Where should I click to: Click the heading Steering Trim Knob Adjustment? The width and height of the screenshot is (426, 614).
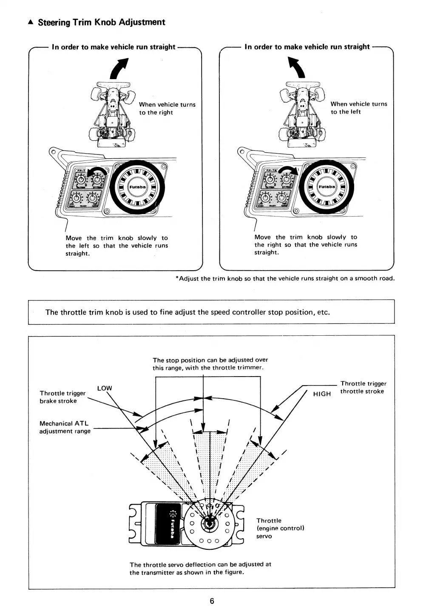(101, 22)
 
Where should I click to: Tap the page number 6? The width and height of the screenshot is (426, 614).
(212, 601)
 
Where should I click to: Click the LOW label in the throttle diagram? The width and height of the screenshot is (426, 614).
(105, 388)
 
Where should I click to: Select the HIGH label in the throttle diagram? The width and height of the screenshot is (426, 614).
(322, 394)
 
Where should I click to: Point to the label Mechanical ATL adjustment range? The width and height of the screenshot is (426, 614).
(65, 427)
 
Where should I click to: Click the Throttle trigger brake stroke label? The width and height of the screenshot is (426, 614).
(62, 397)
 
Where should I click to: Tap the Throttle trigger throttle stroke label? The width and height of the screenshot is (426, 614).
(363, 388)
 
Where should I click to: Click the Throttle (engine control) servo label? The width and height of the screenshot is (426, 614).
(280, 528)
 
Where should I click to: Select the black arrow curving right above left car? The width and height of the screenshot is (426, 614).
(119, 68)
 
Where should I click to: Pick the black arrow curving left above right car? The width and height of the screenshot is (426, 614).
(297, 68)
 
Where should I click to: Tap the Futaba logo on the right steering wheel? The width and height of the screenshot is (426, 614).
(327, 186)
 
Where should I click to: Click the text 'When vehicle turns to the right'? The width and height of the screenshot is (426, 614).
(167, 109)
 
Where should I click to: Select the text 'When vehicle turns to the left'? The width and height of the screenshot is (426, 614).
(359, 108)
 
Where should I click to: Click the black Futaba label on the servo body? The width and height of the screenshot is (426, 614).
(170, 523)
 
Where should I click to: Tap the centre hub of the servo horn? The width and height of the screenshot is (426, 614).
(209, 524)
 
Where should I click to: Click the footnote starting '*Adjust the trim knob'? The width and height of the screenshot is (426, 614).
(285, 279)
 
